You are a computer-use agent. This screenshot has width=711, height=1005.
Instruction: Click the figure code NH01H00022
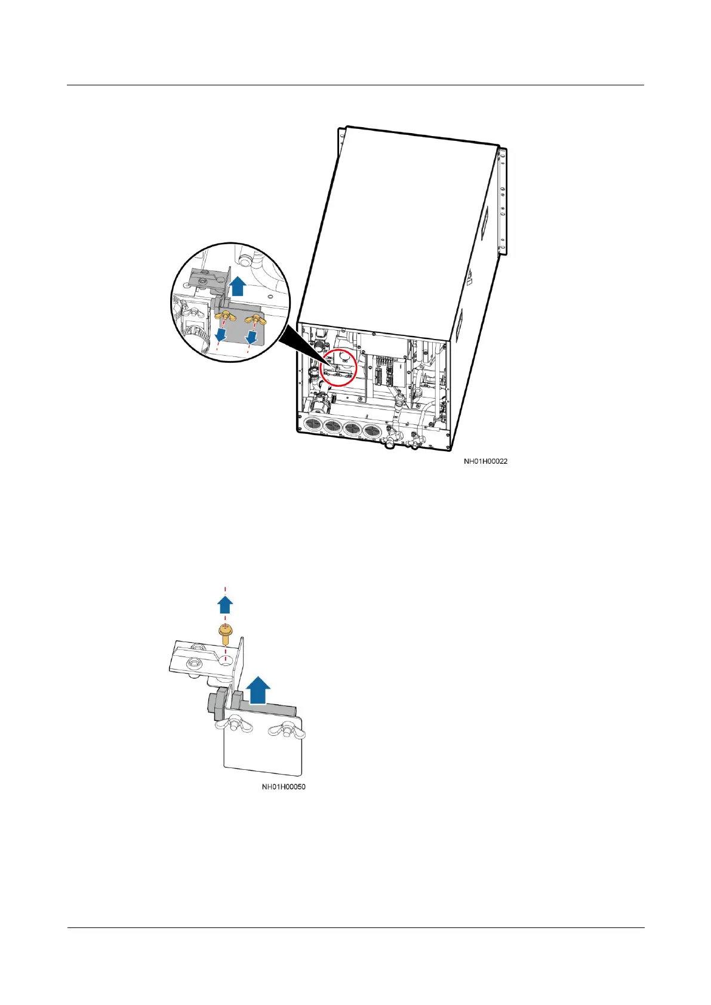click(486, 461)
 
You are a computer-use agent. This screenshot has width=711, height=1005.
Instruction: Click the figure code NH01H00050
click(284, 787)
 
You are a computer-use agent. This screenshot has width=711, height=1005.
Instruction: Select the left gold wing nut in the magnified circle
click(223, 315)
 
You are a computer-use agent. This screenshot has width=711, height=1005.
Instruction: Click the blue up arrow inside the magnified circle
click(238, 286)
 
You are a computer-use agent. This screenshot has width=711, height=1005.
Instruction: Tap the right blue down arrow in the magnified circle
click(252, 338)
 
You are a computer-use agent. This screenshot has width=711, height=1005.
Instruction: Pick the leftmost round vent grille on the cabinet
click(312, 425)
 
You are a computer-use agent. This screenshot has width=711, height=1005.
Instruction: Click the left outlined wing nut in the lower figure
click(227, 725)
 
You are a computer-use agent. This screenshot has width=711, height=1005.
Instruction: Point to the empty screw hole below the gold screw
click(225, 660)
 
